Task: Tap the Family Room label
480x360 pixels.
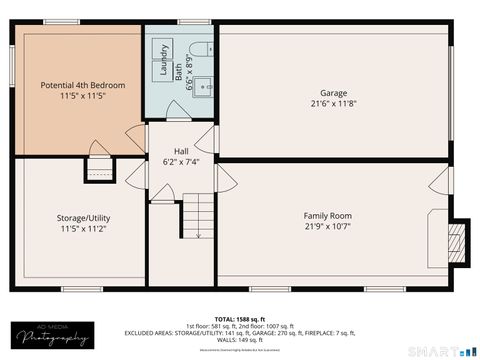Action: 328,215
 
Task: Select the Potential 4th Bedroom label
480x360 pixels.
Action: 83,86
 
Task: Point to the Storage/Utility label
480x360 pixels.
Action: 83,217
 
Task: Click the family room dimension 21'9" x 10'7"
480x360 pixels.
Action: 328,227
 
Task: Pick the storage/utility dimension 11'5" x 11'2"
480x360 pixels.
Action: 83,229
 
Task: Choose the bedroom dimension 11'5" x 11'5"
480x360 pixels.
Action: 83,98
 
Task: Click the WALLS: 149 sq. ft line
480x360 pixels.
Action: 240,340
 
